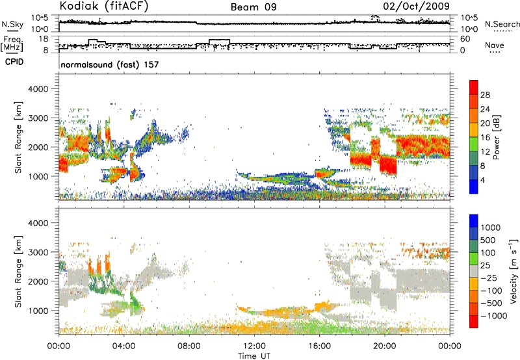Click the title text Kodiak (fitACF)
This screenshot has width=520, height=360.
pyautogui.click(x=100, y=6)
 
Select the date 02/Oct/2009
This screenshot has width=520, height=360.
pyautogui.click(x=423, y=6)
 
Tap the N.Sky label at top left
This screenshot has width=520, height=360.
pyautogui.click(x=11, y=24)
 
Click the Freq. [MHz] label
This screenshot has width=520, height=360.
pyautogui.click(x=11, y=44)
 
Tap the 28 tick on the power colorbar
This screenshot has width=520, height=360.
pyautogui.click(x=486, y=96)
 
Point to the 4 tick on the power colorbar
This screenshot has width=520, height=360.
pyautogui.click(x=483, y=179)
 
